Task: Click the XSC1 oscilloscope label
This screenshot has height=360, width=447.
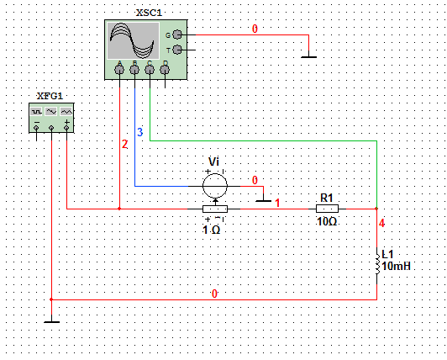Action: tap(149, 13)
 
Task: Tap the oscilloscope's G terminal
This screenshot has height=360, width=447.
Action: tap(177, 34)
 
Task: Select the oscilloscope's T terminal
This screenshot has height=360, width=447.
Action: tap(177, 50)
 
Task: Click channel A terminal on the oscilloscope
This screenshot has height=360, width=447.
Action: tap(119, 69)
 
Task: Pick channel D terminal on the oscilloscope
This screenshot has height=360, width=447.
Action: tap(165, 69)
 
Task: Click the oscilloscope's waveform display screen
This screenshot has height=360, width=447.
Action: tap(133, 41)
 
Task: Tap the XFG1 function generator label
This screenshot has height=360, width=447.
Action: tap(50, 96)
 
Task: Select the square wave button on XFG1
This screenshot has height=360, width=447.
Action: tap(36, 112)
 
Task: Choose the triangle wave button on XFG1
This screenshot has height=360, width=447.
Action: tap(66, 112)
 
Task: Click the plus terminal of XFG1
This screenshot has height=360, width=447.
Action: tap(66, 128)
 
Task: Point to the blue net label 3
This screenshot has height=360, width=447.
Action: tap(139, 132)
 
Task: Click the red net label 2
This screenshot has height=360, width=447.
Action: tap(124, 145)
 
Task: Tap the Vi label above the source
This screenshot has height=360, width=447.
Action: tap(213, 161)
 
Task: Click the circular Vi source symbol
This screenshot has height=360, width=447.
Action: tap(215, 186)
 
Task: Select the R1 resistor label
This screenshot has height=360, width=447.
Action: tap(327, 198)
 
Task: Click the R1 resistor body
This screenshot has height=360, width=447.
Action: tap(328, 209)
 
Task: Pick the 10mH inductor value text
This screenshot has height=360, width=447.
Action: tap(396, 267)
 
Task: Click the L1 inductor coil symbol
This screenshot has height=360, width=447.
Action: tap(377, 264)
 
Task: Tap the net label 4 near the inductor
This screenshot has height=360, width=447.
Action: tap(382, 223)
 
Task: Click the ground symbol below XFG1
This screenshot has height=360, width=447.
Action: tap(51, 322)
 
